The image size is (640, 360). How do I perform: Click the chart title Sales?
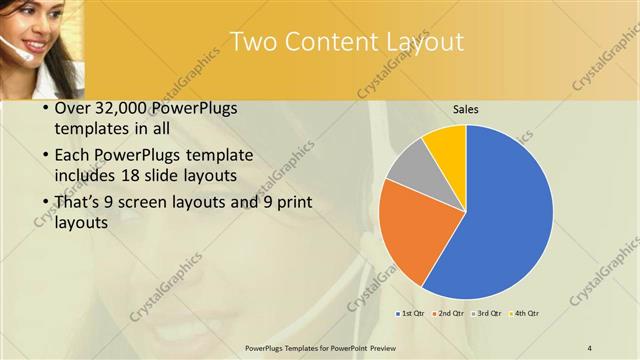[x=465, y=108]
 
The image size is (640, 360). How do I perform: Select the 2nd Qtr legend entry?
[x=450, y=314]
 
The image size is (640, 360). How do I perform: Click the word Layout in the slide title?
[x=424, y=41]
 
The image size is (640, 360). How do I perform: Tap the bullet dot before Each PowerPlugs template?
[x=46, y=156]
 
